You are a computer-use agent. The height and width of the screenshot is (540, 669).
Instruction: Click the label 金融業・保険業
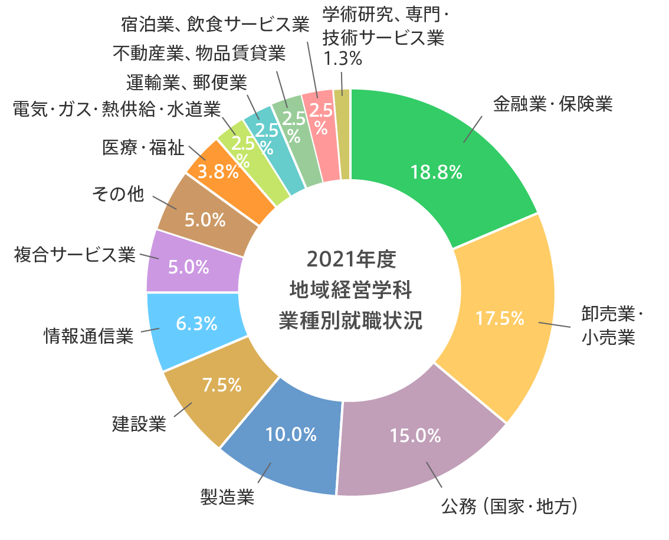(553, 104)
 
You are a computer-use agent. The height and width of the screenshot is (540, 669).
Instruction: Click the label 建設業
(139, 423)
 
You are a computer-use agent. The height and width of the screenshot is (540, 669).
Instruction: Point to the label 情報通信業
(88, 335)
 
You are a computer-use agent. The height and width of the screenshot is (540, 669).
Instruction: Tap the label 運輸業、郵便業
(186, 83)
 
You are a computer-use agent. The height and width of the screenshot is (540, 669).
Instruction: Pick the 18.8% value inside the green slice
(437, 172)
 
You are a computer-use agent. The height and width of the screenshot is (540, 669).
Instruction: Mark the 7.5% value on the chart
(222, 385)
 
